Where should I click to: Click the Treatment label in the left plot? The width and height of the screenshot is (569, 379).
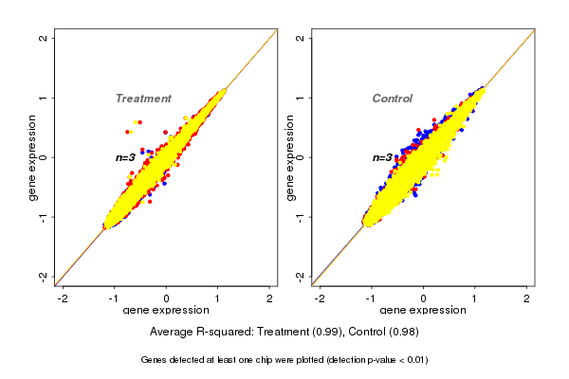tap(143, 99)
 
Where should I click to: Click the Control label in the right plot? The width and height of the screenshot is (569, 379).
tap(392, 99)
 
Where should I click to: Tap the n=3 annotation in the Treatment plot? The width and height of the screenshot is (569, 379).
tap(127, 157)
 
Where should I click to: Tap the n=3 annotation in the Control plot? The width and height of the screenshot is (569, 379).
tap(382, 157)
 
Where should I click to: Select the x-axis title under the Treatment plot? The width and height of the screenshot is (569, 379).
tap(166, 310)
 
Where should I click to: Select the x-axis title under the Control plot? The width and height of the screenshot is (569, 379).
tap(422, 310)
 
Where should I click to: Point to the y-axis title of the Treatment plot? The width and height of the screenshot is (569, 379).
tap(34, 157)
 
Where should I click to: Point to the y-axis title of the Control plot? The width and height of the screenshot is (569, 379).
tap(290, 157)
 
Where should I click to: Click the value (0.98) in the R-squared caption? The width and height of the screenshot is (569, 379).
tap(403, 333)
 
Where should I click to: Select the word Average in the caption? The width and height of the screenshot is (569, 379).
tap(172, 333)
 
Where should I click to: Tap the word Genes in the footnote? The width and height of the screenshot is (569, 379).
tap(155, 360)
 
